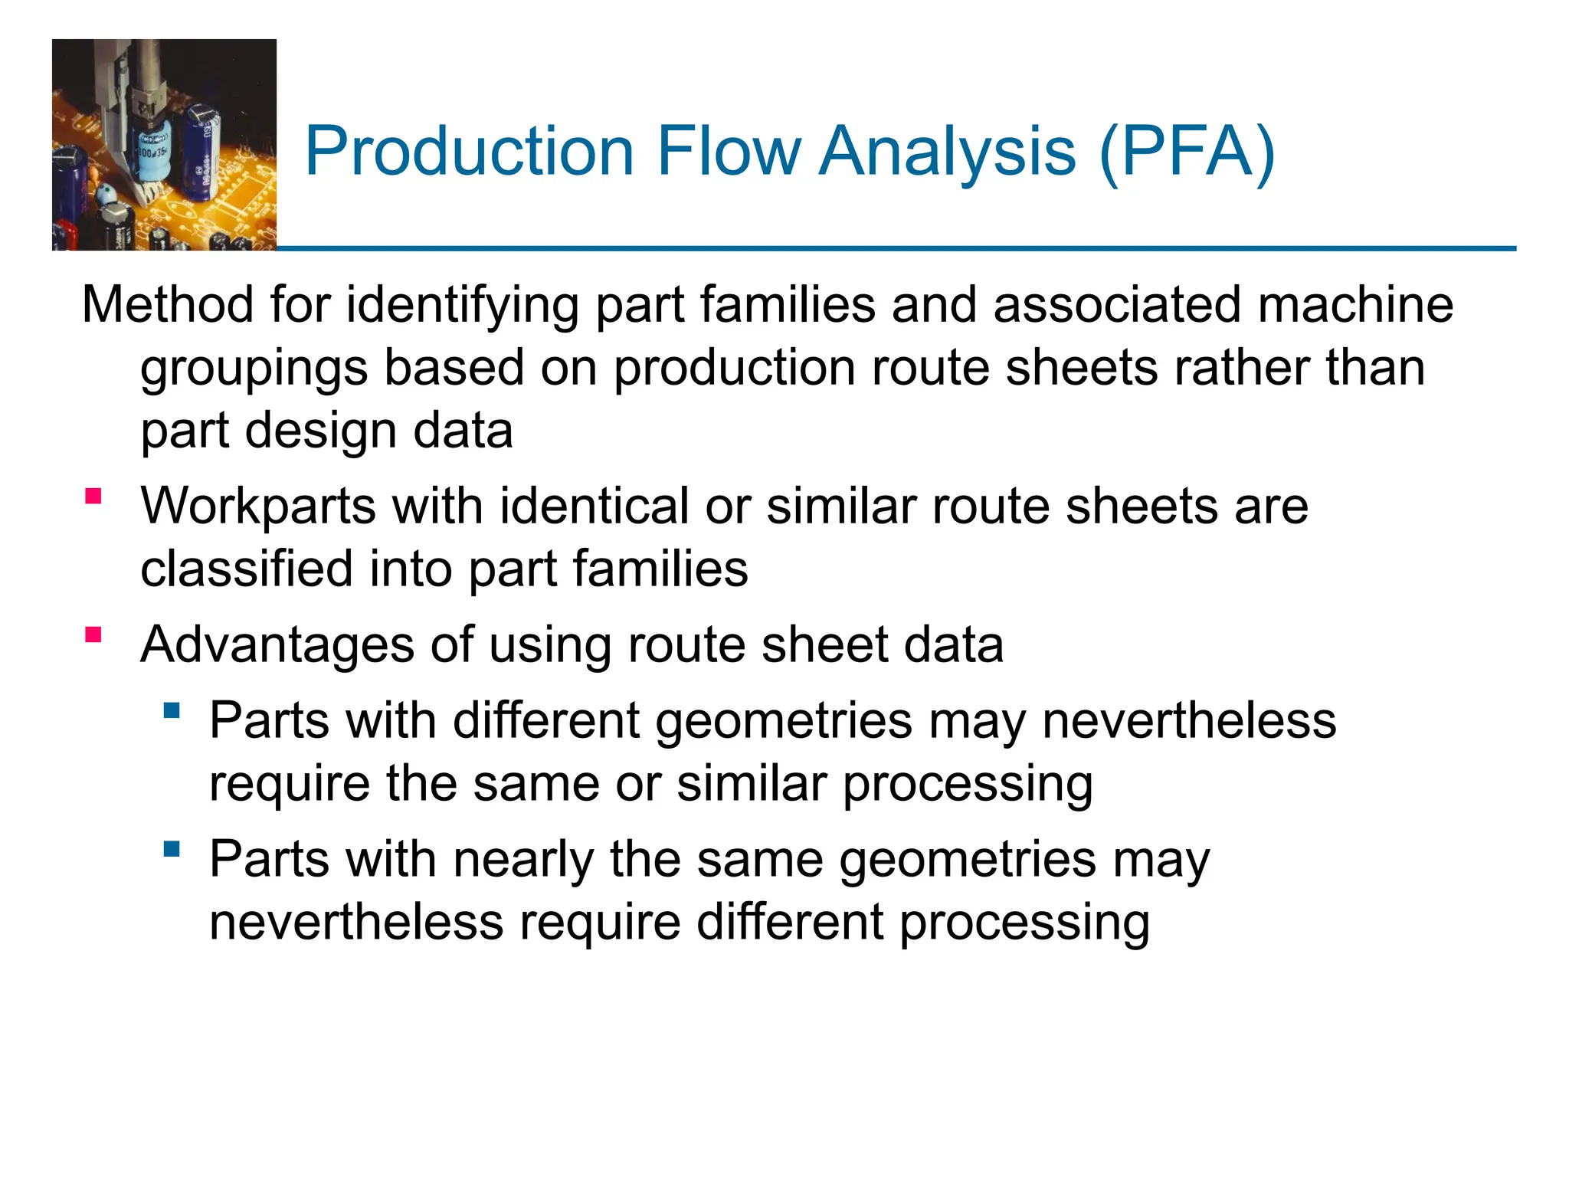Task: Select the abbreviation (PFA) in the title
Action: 1187,151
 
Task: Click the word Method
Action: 168,305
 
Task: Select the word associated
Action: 1117,305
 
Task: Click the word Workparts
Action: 258,507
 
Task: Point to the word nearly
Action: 522,860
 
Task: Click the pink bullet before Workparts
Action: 93,497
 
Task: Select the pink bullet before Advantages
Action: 93,634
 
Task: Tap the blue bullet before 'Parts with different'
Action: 172,710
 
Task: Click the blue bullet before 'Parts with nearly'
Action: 172,848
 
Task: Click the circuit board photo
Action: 164,145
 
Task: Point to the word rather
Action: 1240,368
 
